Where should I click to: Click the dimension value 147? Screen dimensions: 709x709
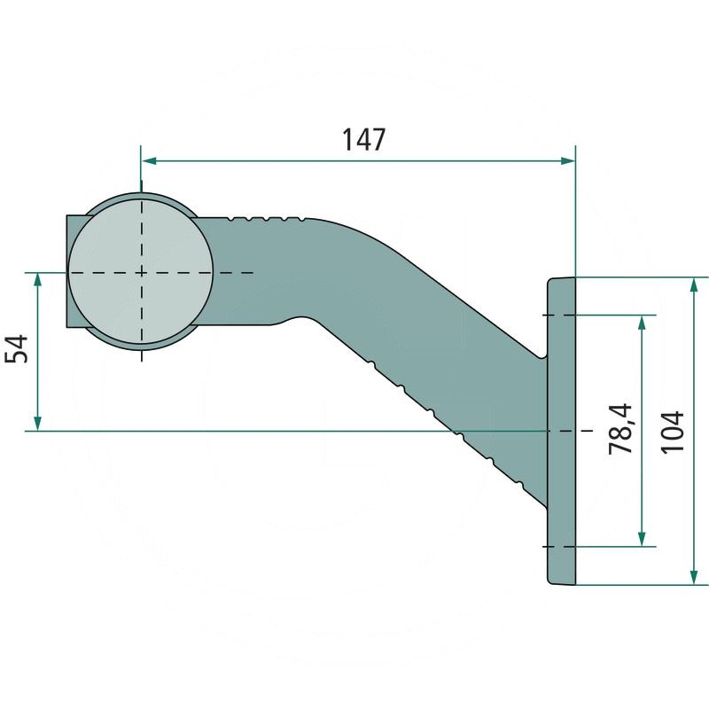click(363, 139)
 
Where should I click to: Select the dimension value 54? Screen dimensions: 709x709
click(16, 349)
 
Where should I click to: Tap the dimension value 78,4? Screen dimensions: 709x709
click(619, 429)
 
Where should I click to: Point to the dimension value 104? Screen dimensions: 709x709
click(672, 432)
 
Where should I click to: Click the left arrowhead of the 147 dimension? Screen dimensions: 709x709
click(149, 160)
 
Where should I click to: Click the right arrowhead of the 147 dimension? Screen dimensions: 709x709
click(567, 160)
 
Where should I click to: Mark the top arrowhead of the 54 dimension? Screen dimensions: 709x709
click(37, 280)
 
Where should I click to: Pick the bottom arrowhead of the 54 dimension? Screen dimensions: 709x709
click(37, 424)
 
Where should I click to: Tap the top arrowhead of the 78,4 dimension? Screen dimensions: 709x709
click(641, 323)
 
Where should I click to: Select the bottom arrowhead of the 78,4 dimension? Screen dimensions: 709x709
click(641, 539)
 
